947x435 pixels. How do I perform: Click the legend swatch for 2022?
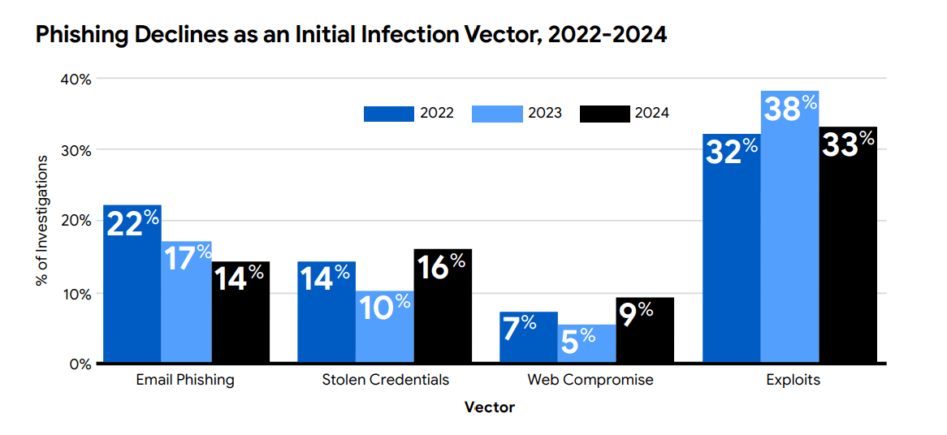pyautogui.click(x=388, y=114)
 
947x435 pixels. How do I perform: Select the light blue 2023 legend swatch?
pyautogui.click(x=497, y=114)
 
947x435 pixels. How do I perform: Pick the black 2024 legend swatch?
pyautogui.click(x=605, y=114)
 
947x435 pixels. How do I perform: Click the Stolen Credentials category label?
pyautogui.click(x=385, y=380)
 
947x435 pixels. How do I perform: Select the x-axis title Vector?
pyautogui.click(x=489, y=407)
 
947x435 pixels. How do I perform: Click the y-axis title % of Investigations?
pyautogui.click(x=41, y=220)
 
